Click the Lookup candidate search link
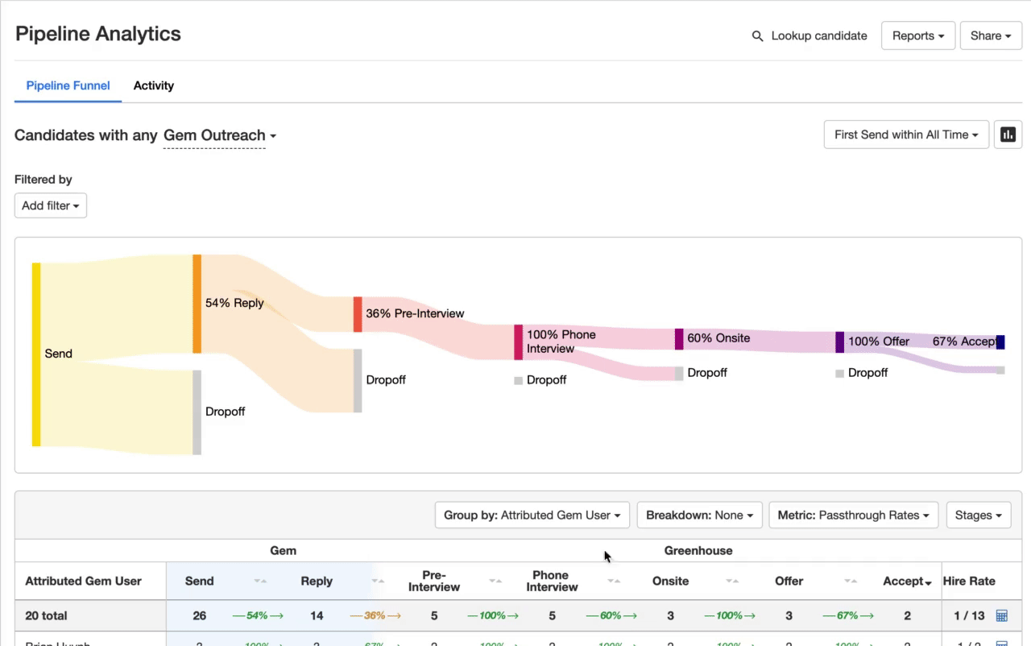click(809, 36)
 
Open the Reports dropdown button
click(917, 36)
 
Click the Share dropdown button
click(991, 36)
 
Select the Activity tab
click(153, 85)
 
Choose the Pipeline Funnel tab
click(68, 85)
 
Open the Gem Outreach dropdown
click(219, 135)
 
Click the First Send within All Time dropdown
click(906, 135)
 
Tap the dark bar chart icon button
click(1008, 135)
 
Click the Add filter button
click(50, 205)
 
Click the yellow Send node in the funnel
click(36, 354)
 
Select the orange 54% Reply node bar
click(197, 304)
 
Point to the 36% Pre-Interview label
click(415, 313)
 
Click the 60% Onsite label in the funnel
click(718, 338)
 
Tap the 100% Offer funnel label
click(878, 342)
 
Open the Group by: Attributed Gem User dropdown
click(532, 515)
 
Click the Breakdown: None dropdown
click(699, 515)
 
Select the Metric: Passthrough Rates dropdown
click(853, 515)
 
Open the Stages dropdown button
click(978, 515)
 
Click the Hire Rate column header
click(969, 581)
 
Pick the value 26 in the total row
click(199, 615)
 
